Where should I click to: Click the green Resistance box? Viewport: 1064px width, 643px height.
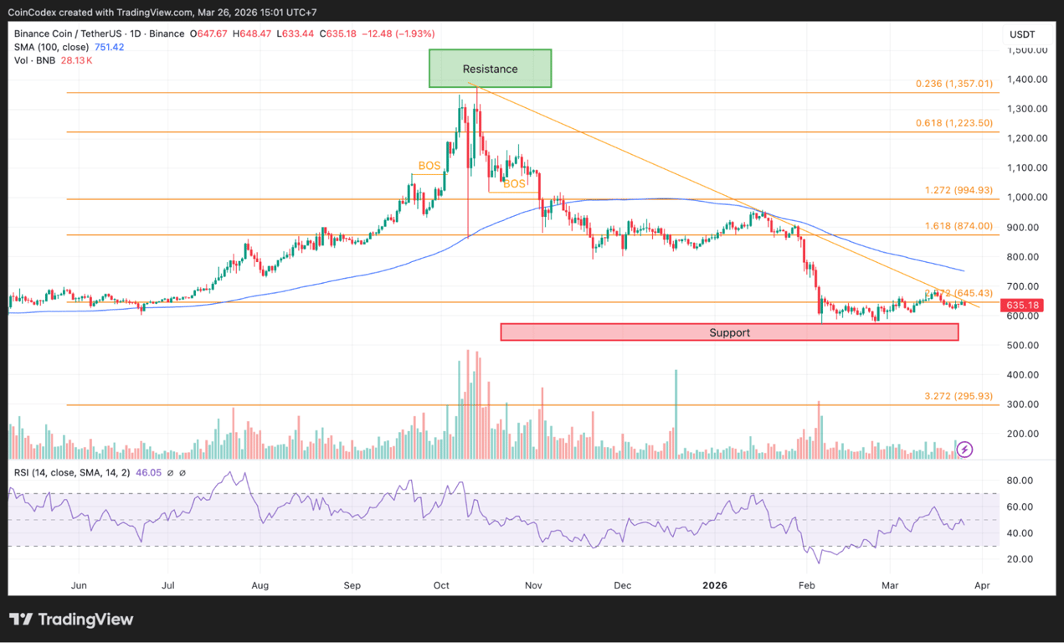click(x=490, y=69)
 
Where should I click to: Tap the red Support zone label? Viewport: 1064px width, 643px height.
click(x=729, y=332)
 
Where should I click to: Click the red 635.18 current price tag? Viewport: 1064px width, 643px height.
click(x=1023, y=305)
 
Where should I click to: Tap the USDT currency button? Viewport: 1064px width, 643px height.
click(x=1022, y=34)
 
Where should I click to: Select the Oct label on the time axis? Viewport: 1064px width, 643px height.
click(x=441, y=586)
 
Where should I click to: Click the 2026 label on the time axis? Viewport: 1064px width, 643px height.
click(x=716, y=586)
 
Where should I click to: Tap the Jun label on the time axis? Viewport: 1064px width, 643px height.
click(x=80, y=586)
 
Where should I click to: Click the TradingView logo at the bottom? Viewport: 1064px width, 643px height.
click(x=71, y=620)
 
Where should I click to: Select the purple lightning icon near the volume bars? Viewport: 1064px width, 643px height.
click(x=964, y=450)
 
